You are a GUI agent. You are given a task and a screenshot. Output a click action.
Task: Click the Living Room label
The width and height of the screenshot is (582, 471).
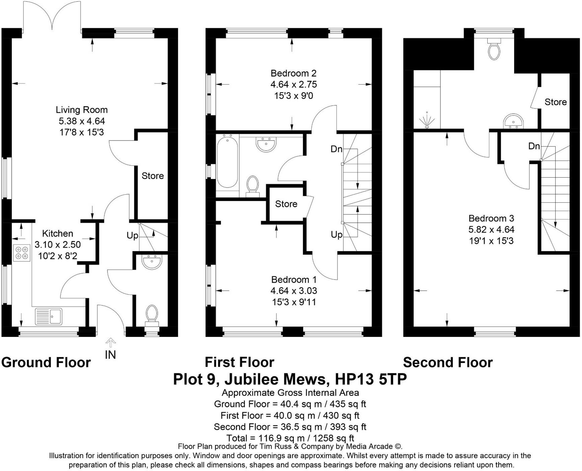coord(81,110)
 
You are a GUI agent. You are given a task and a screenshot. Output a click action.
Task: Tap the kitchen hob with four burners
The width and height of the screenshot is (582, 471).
coord(21,253)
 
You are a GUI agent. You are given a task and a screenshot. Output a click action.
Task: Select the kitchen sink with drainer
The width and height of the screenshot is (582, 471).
coord(49,316)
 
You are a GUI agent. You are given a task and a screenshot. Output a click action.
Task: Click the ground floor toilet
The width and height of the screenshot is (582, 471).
coord(152,314)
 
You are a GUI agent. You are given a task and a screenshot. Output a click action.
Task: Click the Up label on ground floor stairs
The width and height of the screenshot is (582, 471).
coord(132,235)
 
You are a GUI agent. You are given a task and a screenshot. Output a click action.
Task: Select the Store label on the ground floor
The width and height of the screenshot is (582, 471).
coord(153,176)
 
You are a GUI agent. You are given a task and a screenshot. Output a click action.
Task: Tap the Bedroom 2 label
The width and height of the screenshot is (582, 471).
coord(293,73)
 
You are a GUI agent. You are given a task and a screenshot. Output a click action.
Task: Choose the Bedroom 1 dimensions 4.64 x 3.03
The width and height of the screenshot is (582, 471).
coord(294,291)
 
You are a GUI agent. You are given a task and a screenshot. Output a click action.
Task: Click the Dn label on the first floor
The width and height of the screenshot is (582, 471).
coord(336,149)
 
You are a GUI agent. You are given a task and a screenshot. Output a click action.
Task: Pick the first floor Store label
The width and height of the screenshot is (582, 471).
coord(286,204)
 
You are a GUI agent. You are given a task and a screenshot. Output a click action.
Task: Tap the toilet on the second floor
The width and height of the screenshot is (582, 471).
coord(494,49)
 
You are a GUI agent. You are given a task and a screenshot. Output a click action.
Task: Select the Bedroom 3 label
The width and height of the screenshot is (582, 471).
coord(491,218)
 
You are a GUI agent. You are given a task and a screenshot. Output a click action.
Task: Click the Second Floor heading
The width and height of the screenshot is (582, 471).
coord(447,363)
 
